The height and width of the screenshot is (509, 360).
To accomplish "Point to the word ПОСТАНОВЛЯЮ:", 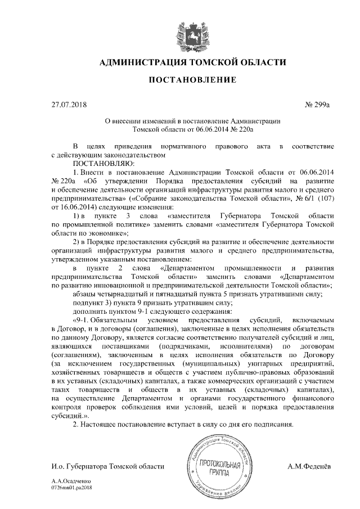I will pos(100,163).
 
